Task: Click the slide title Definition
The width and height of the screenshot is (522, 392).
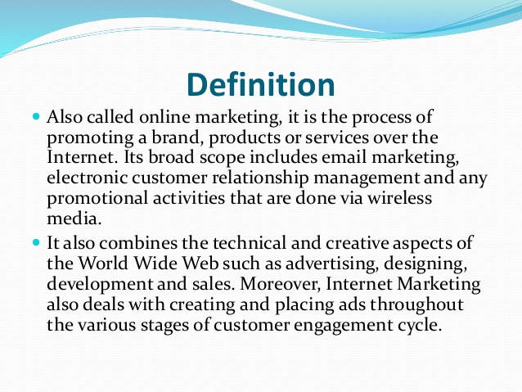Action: (x=261, y=84)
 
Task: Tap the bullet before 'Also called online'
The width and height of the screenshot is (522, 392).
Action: (x=36, y=116)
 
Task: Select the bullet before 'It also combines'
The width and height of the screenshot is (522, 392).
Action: (x=36, y=242)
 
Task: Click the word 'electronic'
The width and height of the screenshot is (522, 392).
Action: (x=87, y=178)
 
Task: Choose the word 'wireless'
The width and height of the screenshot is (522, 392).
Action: (x=399, y=198)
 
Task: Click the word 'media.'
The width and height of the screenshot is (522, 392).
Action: (x=74, y=219)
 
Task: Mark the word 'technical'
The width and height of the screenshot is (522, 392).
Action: (x=250, y=243)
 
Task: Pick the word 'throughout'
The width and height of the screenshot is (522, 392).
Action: (x=416, y=304)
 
